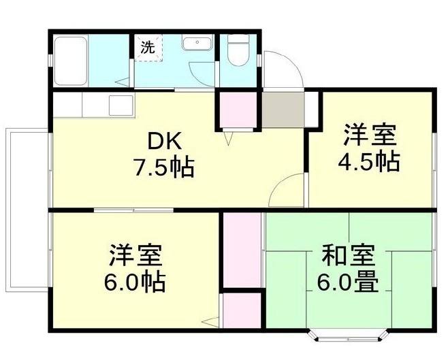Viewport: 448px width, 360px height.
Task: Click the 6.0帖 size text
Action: pyautogui.click(x=135, y=282)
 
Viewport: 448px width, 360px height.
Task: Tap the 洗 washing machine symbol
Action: pyautogui.click(x=147, y=48)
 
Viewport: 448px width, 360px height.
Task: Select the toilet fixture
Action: pyautogui.click(x=238, y=50)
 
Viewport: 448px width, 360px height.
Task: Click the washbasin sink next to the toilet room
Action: pyautogui.click(x=199, y=44)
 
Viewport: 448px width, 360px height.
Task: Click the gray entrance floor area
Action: pyautogui.click(x=283, y=109)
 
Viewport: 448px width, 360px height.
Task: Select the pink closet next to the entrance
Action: pyautogui.click(x=235, y=108)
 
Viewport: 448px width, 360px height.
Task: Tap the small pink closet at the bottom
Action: pyautogui.click(x=242, y=310)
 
